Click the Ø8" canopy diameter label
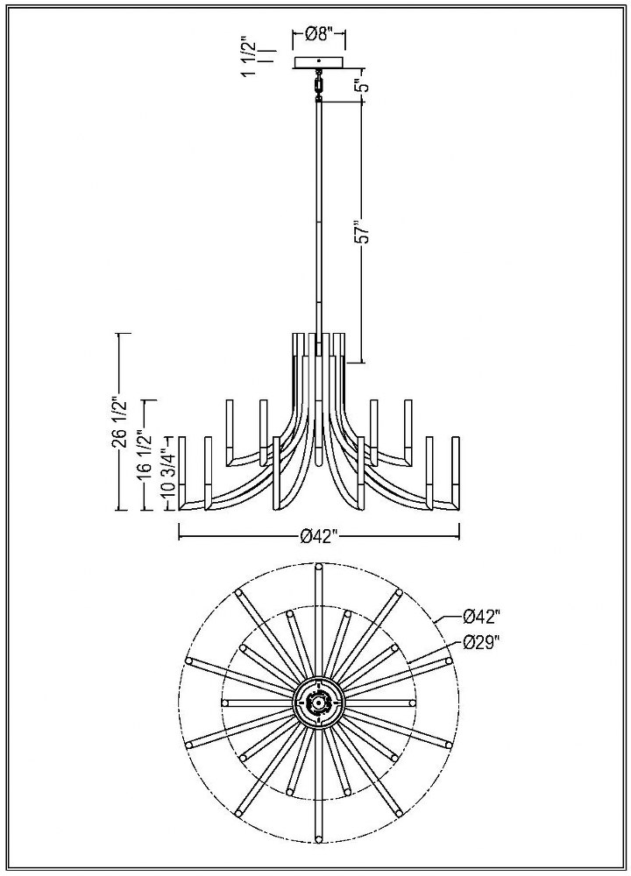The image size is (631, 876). point(319,35)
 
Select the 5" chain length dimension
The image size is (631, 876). point(364,85)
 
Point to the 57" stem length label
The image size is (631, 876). point(364,231)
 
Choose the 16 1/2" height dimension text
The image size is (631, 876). point(146,454)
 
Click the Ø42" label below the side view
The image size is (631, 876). point(319,537)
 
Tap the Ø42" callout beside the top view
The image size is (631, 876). point(480,618)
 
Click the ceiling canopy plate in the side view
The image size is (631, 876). point(318,62)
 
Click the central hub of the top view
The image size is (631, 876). point(319,703)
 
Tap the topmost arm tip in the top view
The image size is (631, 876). point(319,568)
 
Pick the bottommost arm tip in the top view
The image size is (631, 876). point(319,837)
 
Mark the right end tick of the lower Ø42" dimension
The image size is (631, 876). point(459,532)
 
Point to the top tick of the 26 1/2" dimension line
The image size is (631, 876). point(123,334)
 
